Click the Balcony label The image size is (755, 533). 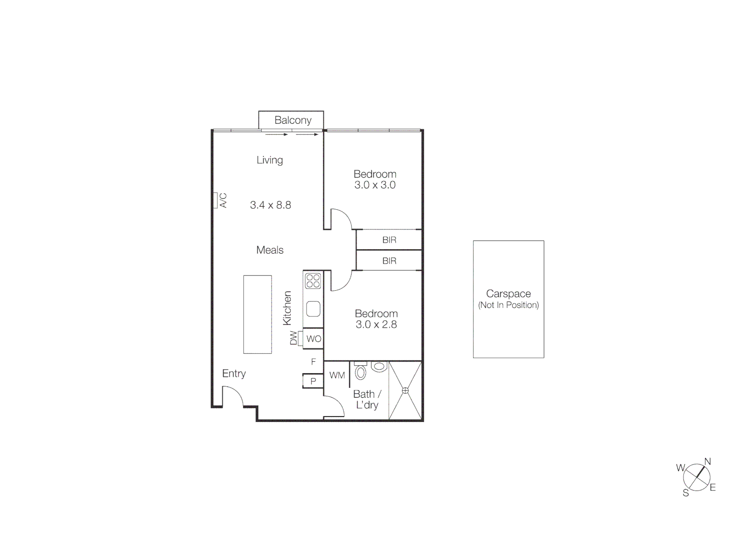pos(293,120)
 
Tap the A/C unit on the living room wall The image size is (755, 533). pos(216,200)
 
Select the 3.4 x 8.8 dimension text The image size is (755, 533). pos(271,205)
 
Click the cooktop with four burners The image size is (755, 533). pos(313,281)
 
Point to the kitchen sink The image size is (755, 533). pos(313,309)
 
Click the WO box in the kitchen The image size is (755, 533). pos(314,339)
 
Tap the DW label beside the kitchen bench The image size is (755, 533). pos(294,338)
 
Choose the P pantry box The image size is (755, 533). pos(313,381)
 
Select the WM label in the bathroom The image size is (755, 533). pos(337,375)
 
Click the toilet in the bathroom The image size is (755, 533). pos(361,372)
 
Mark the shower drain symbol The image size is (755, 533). pos(405,390)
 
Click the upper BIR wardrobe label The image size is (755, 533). pos(389,240)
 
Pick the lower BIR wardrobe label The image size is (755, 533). pos(389,261)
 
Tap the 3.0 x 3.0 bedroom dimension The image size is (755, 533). pos(375,186)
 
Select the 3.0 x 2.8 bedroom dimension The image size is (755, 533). pos(376,325)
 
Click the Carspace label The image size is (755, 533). pos(508,294)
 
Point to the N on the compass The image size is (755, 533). pos(707,462)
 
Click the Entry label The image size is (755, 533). pos(234,374)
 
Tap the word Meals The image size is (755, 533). pos(270,250)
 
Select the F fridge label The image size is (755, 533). pos(313,362)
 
